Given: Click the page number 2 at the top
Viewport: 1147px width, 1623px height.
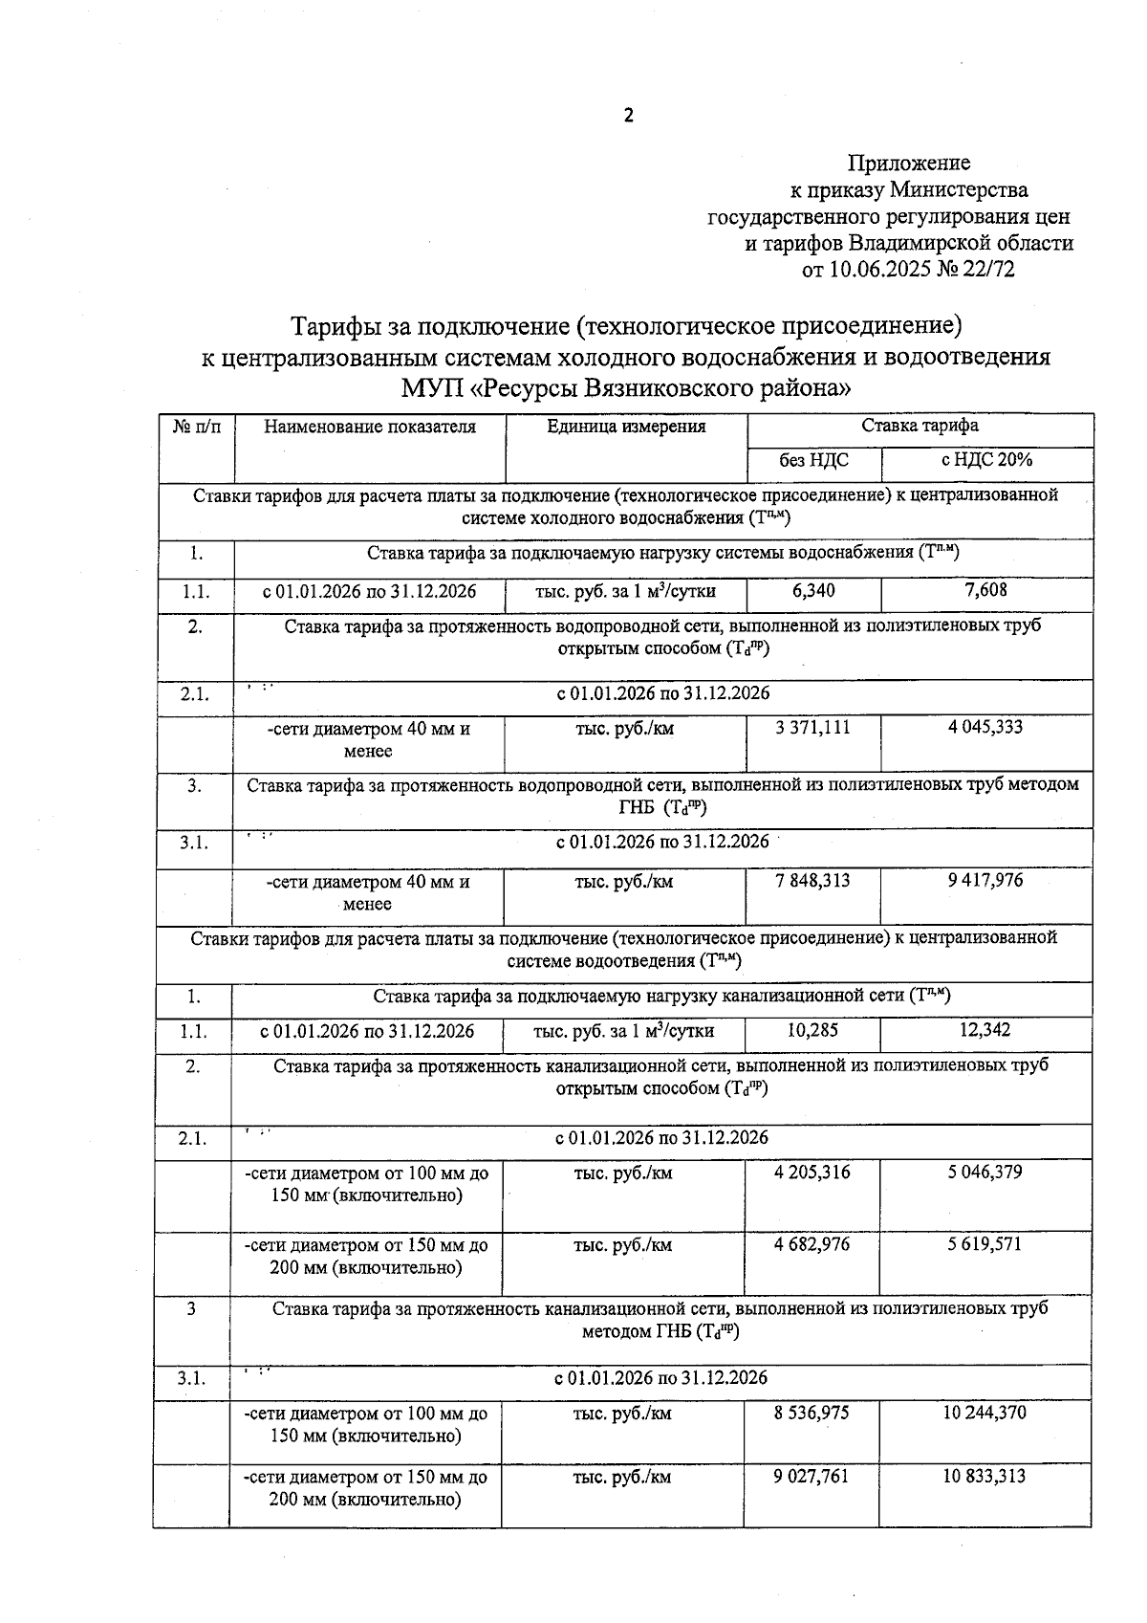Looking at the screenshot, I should coord(628,117).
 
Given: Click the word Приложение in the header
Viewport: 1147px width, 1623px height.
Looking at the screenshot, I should coord(908,163).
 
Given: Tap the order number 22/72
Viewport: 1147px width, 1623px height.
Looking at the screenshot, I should coord(989,270).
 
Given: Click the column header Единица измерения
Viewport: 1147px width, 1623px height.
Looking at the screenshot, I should coord(626,427).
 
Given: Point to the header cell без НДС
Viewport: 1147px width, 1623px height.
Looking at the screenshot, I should coord(813,460).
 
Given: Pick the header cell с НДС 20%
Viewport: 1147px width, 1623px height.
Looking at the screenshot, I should coord(986,459).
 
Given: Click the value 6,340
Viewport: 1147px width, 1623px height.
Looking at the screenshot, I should coord(813,591).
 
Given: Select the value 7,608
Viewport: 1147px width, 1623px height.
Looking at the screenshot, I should coord(986,590).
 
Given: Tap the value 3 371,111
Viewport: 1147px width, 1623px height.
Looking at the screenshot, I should coord(812,728).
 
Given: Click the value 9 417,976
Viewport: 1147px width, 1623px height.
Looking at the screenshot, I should coord(985,880).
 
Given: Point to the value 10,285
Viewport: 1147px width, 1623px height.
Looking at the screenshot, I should coord(812,1031).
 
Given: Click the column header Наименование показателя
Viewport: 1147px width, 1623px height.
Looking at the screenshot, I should coord(370,427).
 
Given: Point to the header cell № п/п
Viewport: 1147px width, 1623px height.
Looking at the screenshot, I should coord(196,427).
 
